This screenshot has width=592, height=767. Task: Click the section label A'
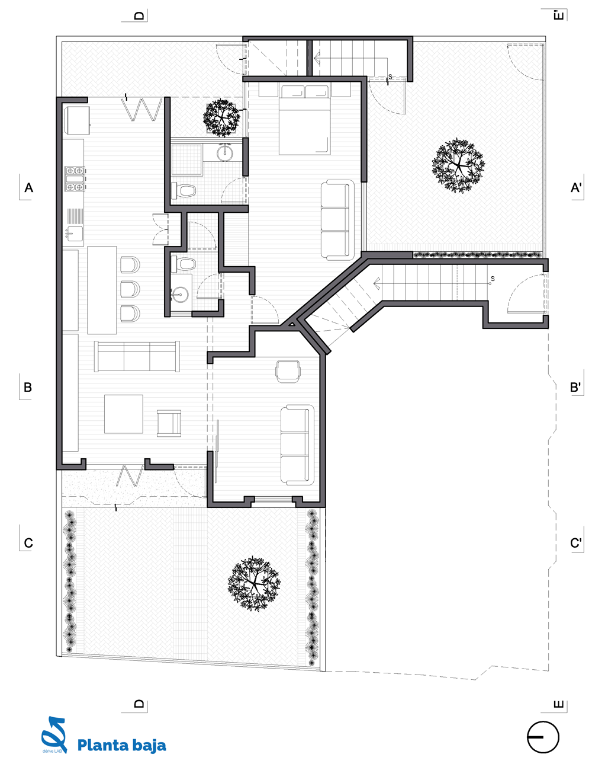(x=576, y=187)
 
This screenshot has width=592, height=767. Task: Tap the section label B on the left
(x=27, y=387)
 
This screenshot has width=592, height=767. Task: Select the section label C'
(x=575, y=543)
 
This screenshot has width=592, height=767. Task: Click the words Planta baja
(x=121, y=746)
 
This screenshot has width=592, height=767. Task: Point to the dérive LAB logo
(x=54, y=735)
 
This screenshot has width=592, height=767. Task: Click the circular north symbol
(x=543, y=737)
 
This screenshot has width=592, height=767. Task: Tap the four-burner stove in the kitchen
(x=75, y=178)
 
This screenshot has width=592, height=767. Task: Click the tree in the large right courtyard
(x=458, y=165)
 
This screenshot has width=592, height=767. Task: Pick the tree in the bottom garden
(x=254, y=584)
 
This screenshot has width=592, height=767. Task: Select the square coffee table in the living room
(x=124, y=414)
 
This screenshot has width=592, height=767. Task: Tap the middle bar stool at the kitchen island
(x=130, y=289)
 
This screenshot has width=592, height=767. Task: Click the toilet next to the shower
(x=184, y=191)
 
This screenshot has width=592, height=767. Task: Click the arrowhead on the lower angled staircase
(x=377, y=283)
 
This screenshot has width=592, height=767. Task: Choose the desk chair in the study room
(x=288, y=371)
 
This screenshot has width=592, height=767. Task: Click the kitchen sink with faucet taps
(x=73, y=234)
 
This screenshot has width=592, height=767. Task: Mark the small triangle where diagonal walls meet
(x=292, y=322)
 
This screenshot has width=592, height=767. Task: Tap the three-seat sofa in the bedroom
(x=337, y=220)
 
